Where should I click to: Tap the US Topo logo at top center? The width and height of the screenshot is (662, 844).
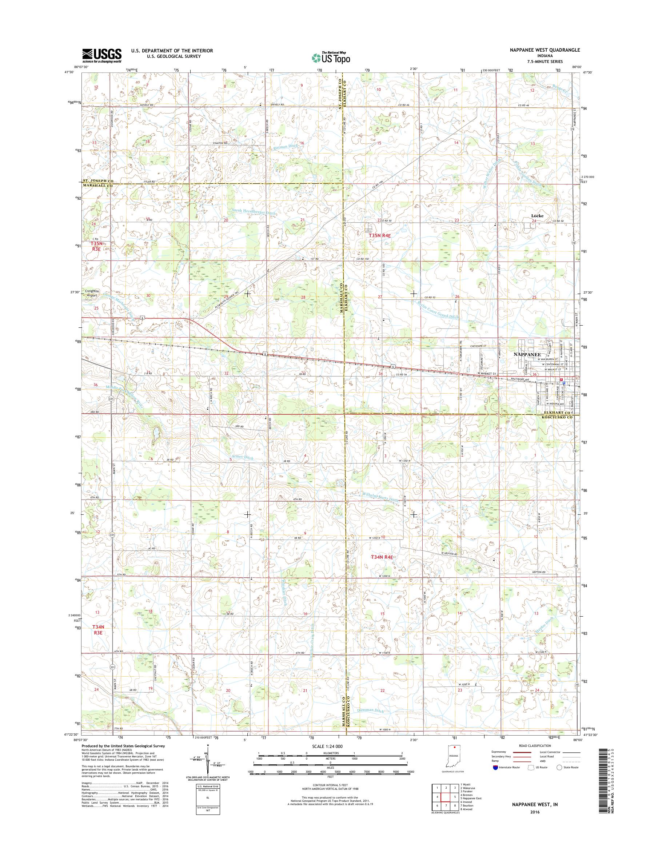[x=331, y=57]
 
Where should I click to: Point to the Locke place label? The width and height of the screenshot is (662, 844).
[x=537, y=216]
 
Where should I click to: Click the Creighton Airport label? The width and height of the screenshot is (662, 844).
[x=92, y=293]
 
